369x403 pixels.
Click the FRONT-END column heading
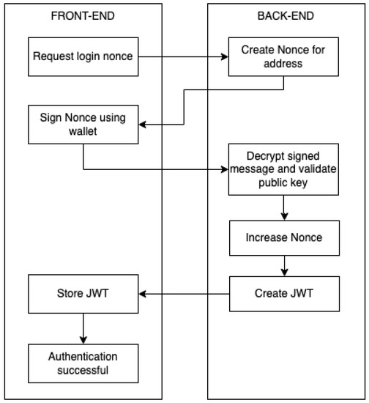(83, 16)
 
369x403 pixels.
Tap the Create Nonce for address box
(283, 56)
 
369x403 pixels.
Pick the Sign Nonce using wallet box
(83, 125)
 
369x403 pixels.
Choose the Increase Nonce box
(283, 238)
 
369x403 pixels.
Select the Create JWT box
(283, 294)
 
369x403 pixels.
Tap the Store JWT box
(83, 294)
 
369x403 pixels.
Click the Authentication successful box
(83, 363)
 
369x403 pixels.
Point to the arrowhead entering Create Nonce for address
(225, 56)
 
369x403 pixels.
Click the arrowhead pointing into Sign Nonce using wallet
(143, 125)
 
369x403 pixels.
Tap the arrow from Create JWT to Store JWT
(184, 294)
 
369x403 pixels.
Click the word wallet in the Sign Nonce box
(83, 132)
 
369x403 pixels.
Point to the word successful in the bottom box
(83, 370)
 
